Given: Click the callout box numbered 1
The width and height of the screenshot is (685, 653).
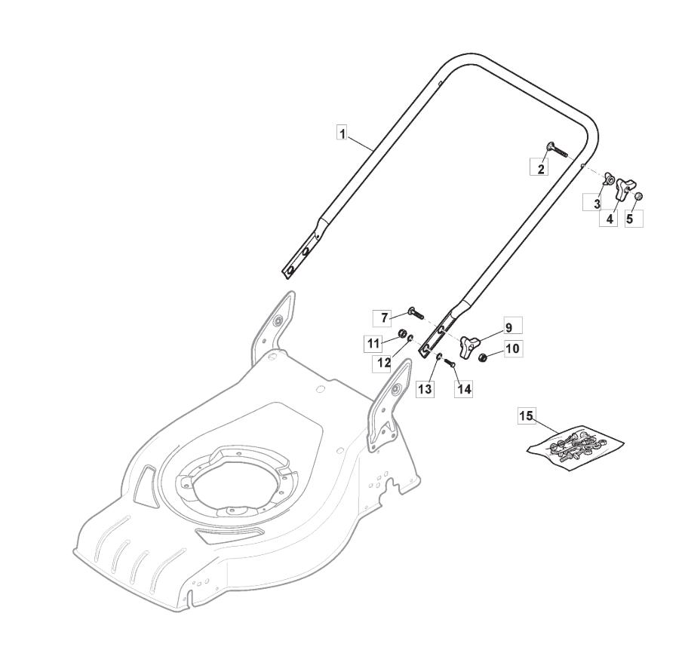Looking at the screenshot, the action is click(342, 133).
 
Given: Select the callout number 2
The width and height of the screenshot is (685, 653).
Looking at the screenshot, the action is click(541, 168).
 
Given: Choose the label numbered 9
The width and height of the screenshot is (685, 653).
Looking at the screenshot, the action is click(508, 326).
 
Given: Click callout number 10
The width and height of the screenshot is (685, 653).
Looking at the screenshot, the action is click(513, 348).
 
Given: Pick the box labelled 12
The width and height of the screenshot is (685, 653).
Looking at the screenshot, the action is click(384, 363).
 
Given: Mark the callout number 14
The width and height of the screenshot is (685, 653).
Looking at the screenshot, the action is click(464, 389).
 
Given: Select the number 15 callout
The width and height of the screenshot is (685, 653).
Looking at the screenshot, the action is click(527, 415).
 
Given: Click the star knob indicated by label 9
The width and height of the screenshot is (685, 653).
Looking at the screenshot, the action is click(468, 346).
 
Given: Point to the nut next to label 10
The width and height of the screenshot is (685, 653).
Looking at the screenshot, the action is click(483, 357).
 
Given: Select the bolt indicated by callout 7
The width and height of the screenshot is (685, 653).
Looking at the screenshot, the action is click(416, 312).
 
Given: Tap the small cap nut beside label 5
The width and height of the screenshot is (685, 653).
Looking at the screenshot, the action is click(639, 196).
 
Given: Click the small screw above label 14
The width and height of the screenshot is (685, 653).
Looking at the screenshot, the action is click(450, 362).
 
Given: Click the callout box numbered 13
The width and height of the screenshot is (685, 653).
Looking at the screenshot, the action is click(425, 389).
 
